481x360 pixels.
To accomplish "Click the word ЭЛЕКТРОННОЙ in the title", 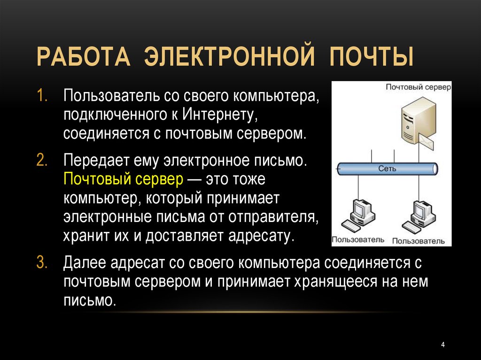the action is tap(229, 57).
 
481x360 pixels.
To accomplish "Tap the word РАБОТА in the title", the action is tap(84, 57).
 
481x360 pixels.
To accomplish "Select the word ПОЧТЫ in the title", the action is tap(372, 57).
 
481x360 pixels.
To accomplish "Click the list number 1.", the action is tap(42, 96).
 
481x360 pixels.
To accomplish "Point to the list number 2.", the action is tap(42, 160).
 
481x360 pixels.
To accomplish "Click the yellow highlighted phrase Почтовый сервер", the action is tap(124, 180).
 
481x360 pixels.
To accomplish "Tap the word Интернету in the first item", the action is tap(219, 115).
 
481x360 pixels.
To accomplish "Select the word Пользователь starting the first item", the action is tap(111, 96).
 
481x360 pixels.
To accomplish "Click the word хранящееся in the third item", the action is tap(335, 282).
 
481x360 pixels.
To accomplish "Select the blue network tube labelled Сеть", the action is tap(388, 169).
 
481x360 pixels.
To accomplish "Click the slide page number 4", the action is tap(442, 345).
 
